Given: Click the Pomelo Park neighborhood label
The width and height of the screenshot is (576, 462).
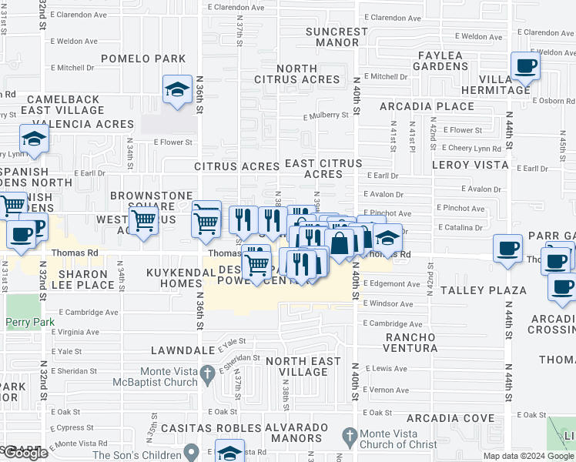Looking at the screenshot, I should point(143,59).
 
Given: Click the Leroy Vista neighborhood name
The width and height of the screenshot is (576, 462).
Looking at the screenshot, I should point(471,165).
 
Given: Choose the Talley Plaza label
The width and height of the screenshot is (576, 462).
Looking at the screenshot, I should point(484,290).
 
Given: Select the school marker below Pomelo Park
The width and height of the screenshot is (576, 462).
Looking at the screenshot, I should point(177,90).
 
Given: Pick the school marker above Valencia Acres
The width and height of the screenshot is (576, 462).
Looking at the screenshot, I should point(35,139).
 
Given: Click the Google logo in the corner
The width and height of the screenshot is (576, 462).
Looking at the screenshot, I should point(25,453).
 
